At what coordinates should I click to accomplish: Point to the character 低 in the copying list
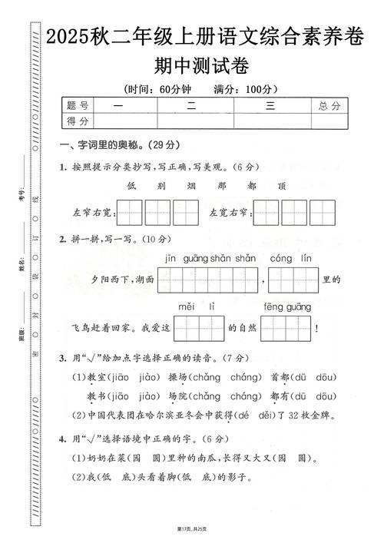tap(131, 186)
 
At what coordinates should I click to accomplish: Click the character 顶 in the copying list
tap(282, 186)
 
